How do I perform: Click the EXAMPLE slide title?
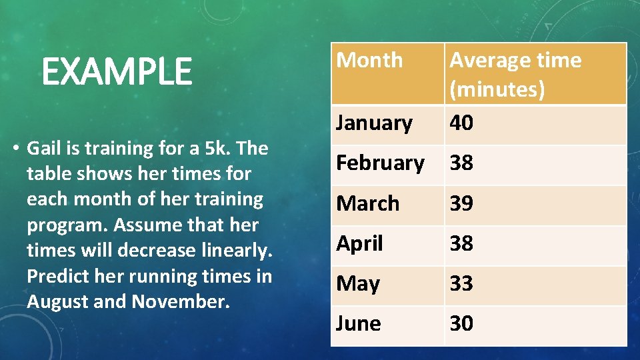(x=117, y=72)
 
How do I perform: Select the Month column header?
(x=369, y=60)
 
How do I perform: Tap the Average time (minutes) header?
(x=515, y=74)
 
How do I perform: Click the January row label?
(x=374, y=123)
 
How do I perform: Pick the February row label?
(x=380, y=163)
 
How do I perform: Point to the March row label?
(x=367, y=203)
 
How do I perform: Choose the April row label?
(x=359, y=243)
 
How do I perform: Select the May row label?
(x=357, y=284)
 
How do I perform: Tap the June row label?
(x=359, y=323)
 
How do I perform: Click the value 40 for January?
(x=461, y=123)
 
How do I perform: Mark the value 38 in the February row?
(x=461, y=163)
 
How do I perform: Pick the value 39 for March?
(x=461, y=203)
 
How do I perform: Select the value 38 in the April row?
(x=461, y=243)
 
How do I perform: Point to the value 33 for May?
(x=461, y=283)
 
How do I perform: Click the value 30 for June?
(x=461, y=323)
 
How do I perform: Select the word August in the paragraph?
(x=58, y=302)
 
